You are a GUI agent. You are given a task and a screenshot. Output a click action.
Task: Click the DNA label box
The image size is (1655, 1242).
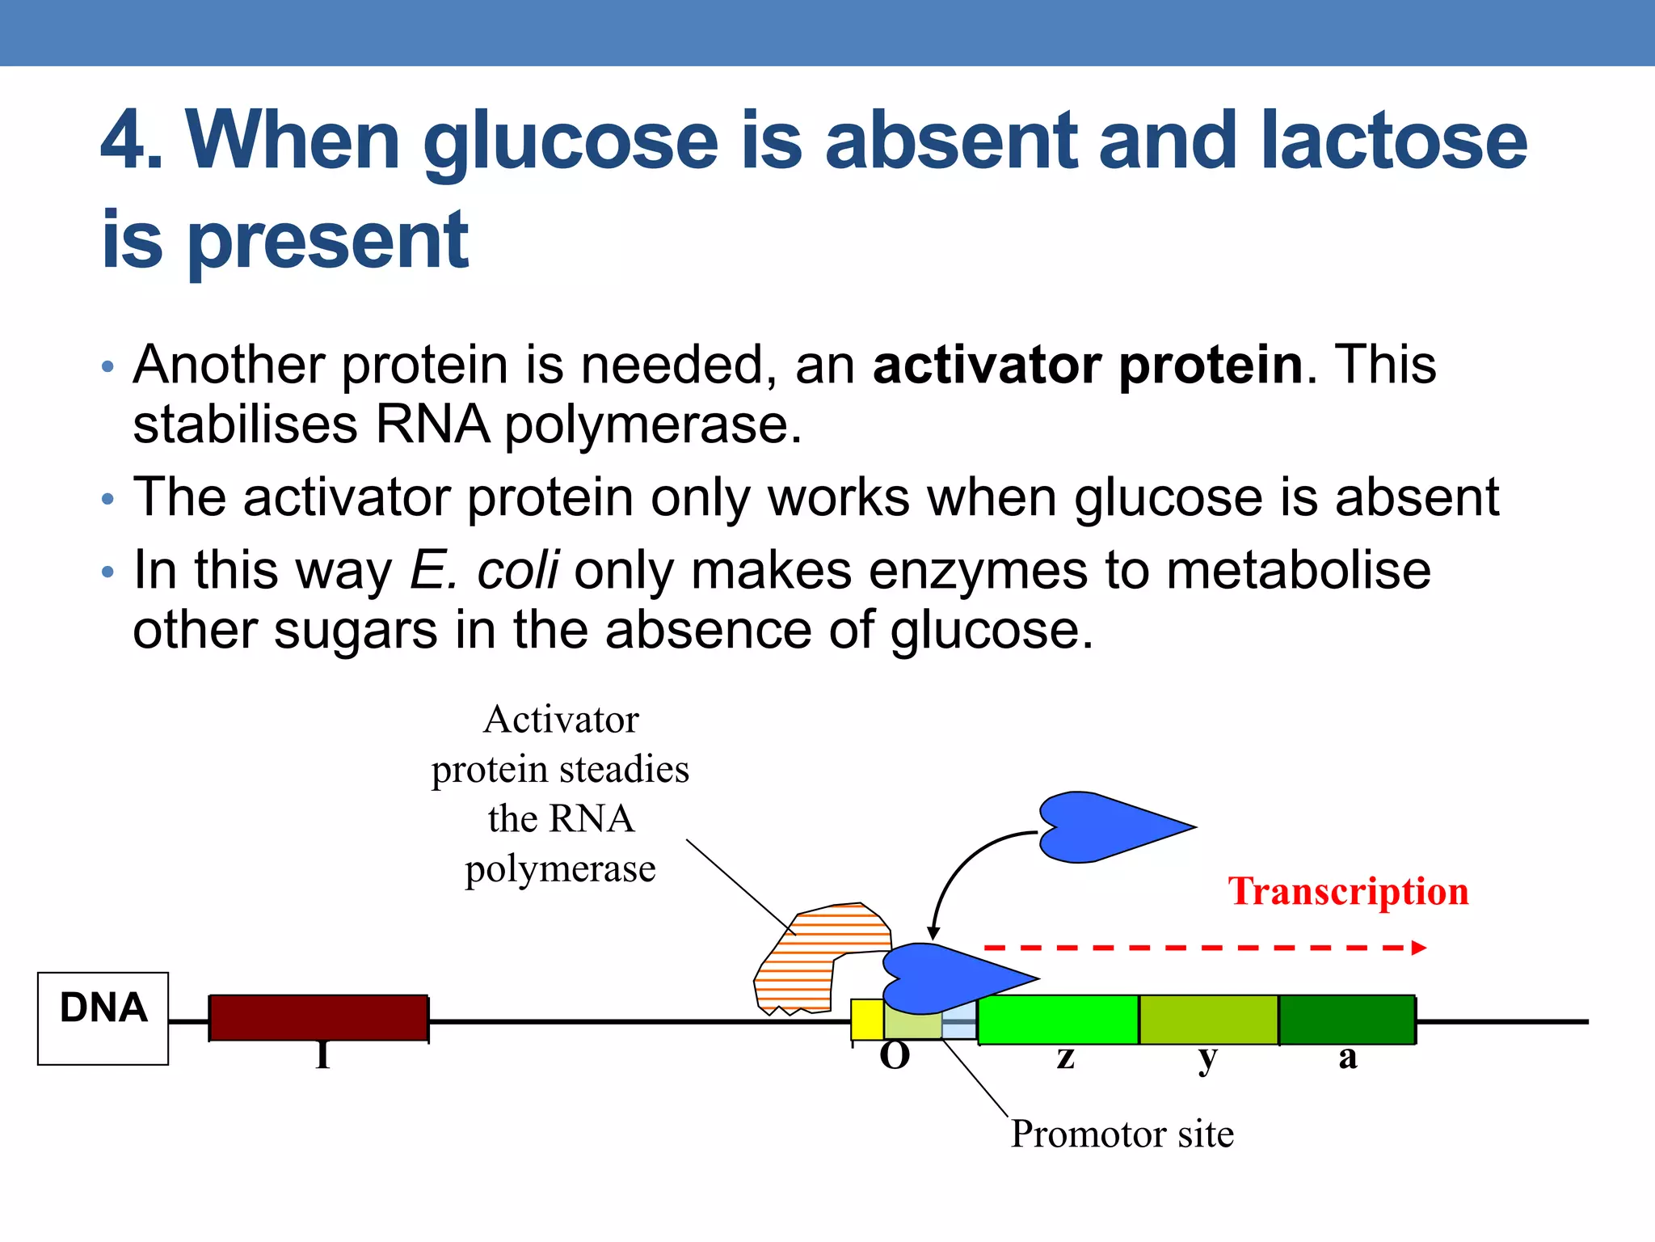(x=103, y=1018)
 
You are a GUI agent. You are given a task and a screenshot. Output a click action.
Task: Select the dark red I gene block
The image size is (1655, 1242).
(x=318, y=1017)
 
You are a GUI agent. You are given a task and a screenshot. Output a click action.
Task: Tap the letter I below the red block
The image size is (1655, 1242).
(x=322, y=1056)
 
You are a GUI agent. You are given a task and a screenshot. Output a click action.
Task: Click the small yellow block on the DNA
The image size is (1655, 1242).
(x=867, y=1020)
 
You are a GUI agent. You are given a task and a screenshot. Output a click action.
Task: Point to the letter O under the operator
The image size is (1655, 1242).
(x=895, y=1056)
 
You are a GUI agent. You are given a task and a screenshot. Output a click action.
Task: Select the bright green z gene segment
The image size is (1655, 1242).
(x=1058, y=1020)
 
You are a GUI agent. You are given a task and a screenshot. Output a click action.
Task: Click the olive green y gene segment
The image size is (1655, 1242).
(x=1208, y=1020)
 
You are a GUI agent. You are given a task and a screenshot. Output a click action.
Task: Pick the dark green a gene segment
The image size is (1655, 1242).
(x=1347, y=1020)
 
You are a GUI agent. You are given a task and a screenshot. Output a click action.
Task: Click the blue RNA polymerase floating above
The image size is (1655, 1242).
(x=1107, y=827)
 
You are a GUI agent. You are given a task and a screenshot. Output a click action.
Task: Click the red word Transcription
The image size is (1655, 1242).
(x=1348, y=891)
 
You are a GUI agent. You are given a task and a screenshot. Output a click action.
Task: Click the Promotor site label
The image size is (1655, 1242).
(x=1122, y=1134)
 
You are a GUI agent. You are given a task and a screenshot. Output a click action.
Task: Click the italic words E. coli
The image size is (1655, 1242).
(x=484, y=570)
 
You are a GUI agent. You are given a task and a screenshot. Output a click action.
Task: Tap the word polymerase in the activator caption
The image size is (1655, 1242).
(x=560, y=869)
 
